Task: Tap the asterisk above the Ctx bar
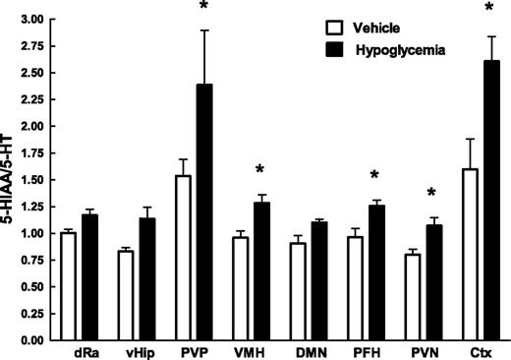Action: (x=488, y=10)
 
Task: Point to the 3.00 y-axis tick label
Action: (x=28, y=20)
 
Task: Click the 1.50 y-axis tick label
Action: (x=28, y=180)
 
